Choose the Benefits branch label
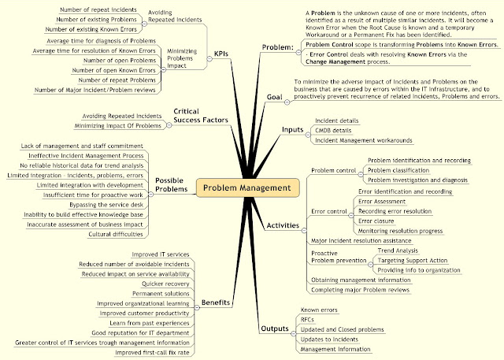[215, 302]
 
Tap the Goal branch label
[275, 97]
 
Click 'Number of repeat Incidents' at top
[98, 9]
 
